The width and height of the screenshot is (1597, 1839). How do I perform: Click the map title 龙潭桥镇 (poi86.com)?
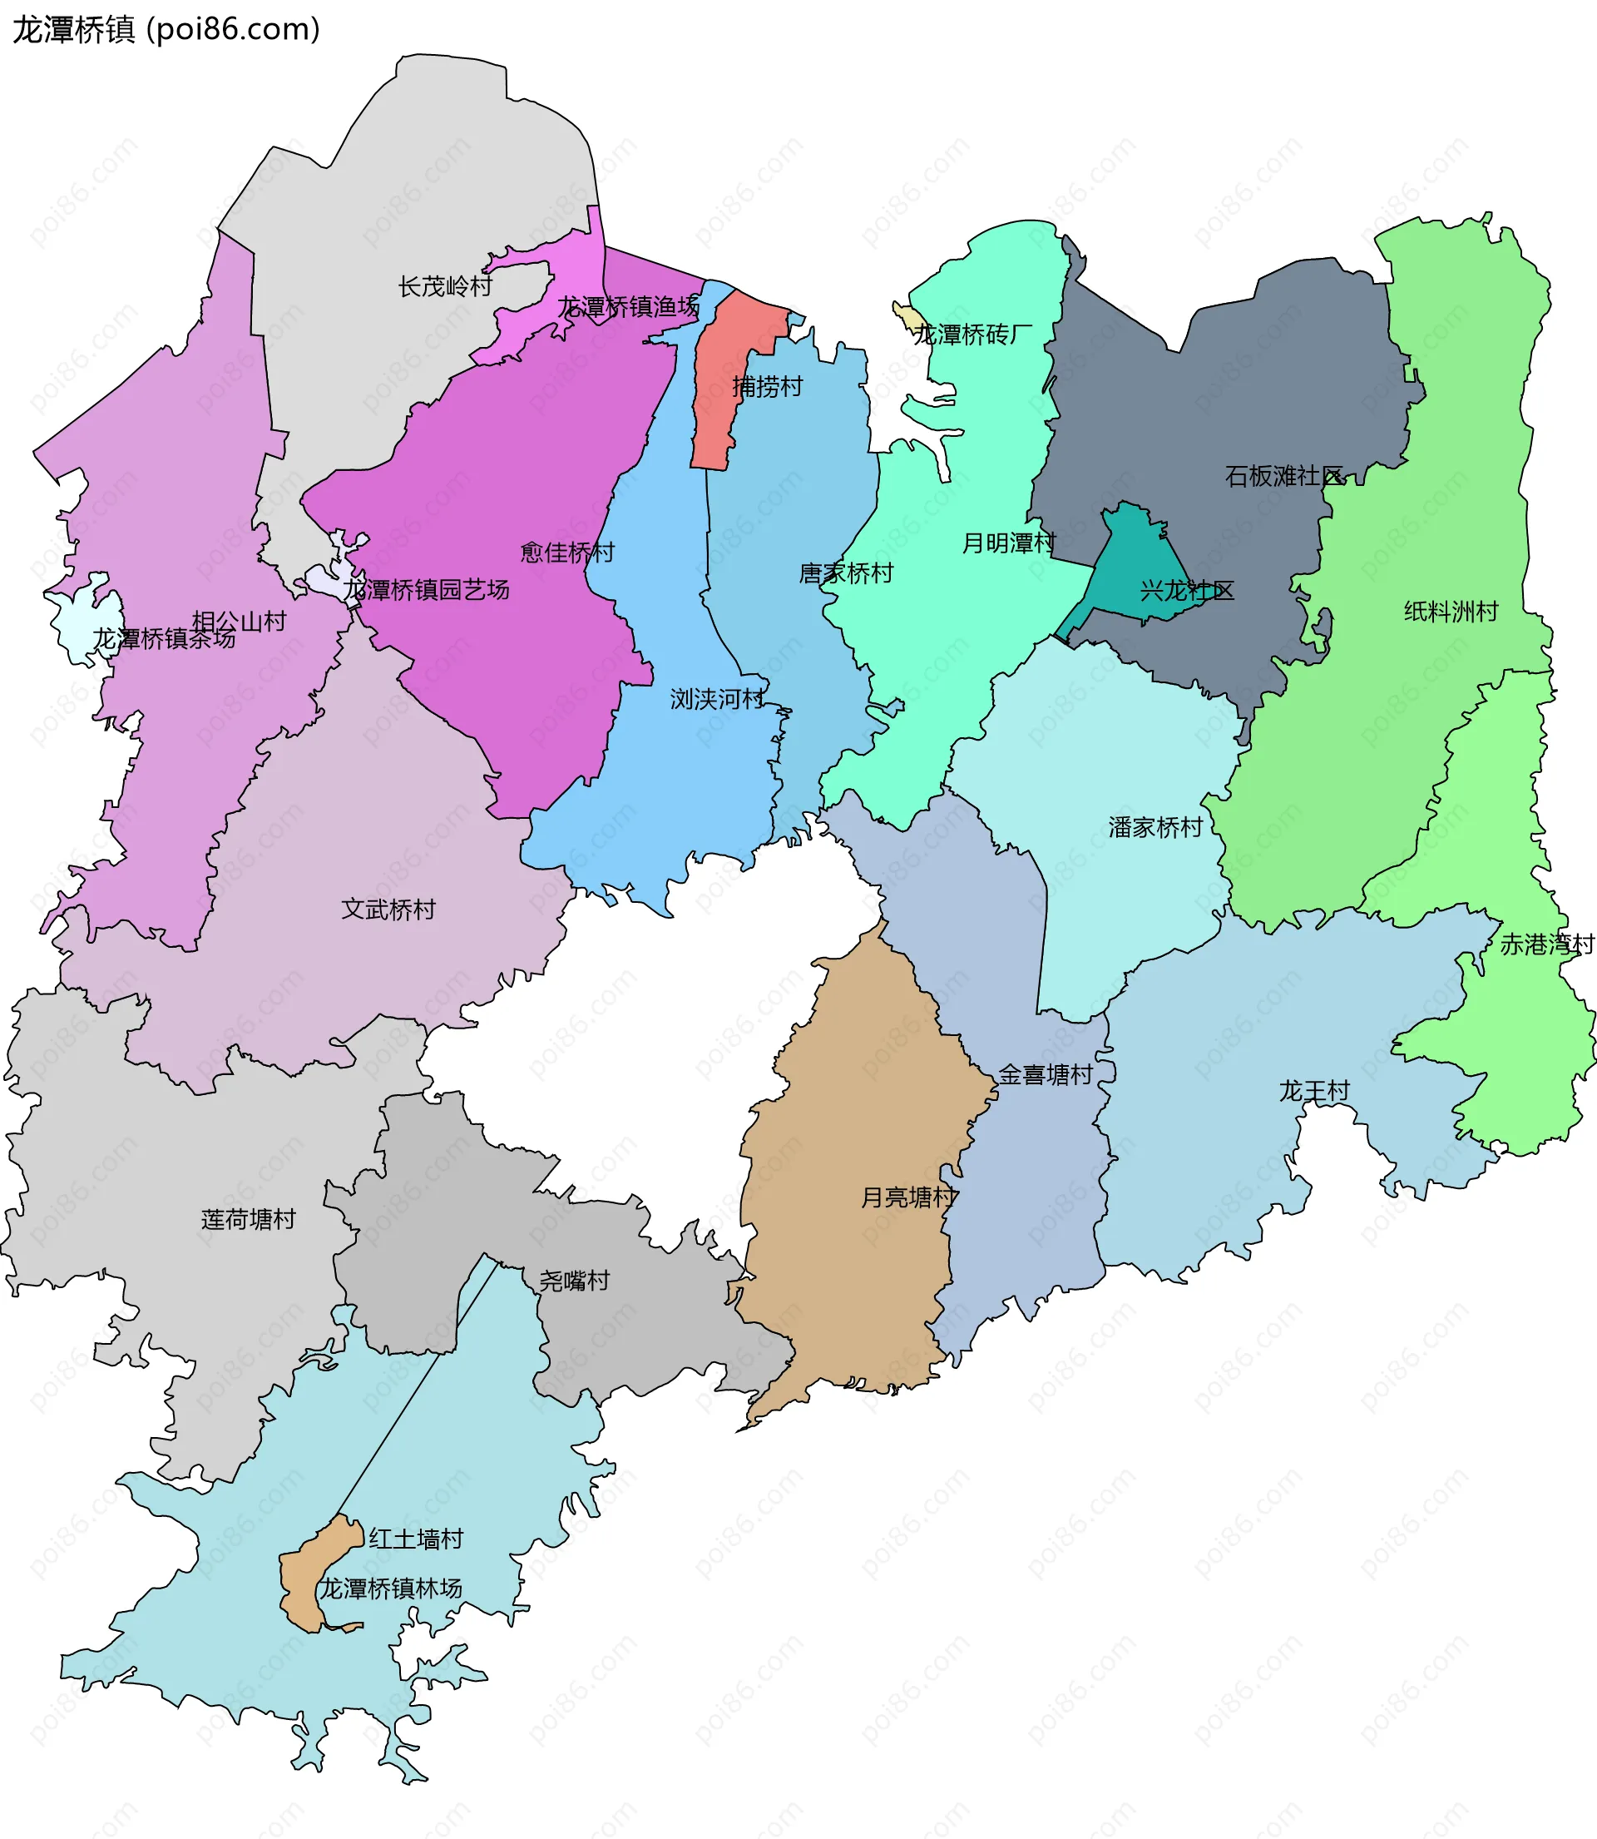(166, 29)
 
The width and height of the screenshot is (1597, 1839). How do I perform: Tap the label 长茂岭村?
(445, 286)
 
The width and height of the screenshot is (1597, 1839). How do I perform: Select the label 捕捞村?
(767, 386)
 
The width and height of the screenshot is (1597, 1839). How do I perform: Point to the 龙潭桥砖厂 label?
(973, 335)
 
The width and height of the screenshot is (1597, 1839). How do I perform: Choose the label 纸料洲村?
(1451, 612)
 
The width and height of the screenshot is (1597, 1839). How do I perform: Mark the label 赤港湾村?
(1547, 944)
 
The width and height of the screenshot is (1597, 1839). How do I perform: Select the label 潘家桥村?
(1155, 827)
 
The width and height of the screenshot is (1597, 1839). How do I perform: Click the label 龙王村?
(1314, 1090)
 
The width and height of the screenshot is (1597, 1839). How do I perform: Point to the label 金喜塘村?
(1046, 1074)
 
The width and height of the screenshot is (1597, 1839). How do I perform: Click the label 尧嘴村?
(575, 1281)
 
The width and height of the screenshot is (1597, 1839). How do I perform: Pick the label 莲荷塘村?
(249, 1219)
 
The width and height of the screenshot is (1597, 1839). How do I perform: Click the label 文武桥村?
(388, 910)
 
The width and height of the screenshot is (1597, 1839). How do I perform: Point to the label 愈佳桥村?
(567, 553)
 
